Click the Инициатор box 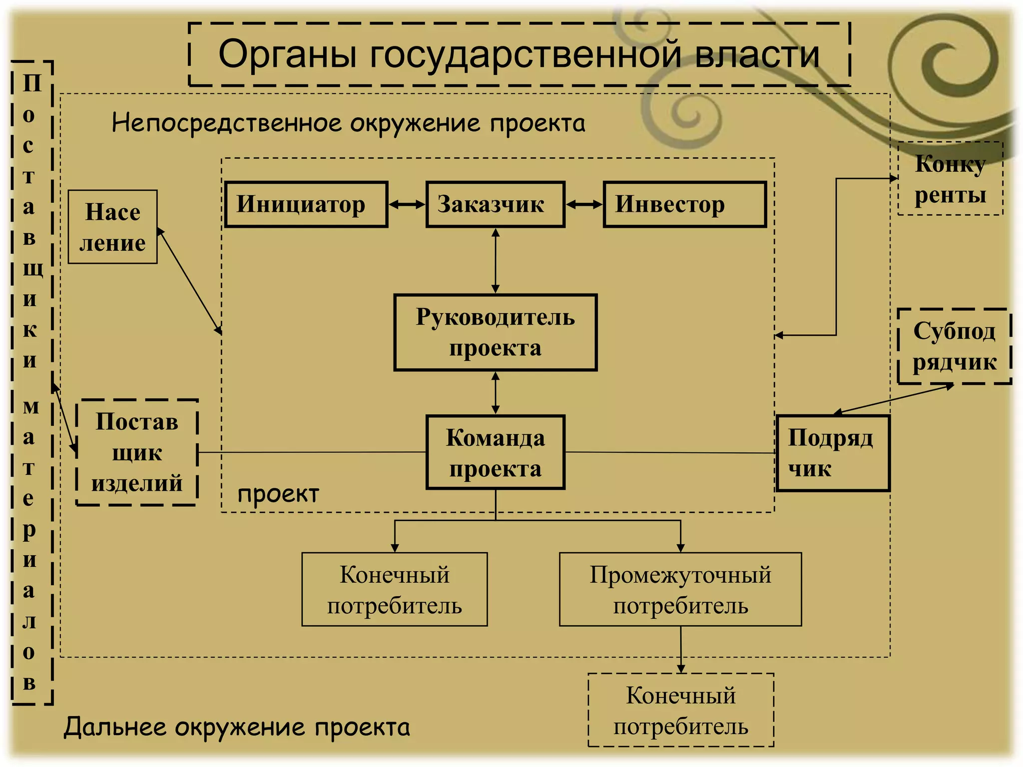point(306,204)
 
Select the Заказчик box point(495,204)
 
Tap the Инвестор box point(684,204)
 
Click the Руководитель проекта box point(495,332)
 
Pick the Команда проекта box point(495,452)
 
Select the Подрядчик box point(833,453)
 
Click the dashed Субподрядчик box point(954,346)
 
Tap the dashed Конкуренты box point(950,179)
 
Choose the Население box point(112,227)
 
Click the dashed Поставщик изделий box point(137,452)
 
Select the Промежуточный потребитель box point(680,589)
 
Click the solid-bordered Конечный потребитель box point(394,589)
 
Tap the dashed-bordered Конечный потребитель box point(680,710)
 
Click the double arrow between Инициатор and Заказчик point(407,204)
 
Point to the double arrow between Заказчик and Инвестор point(584,204)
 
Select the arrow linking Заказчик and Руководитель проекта point(495,261)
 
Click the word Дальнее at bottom point(115,727)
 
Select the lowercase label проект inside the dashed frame point(278,494)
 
